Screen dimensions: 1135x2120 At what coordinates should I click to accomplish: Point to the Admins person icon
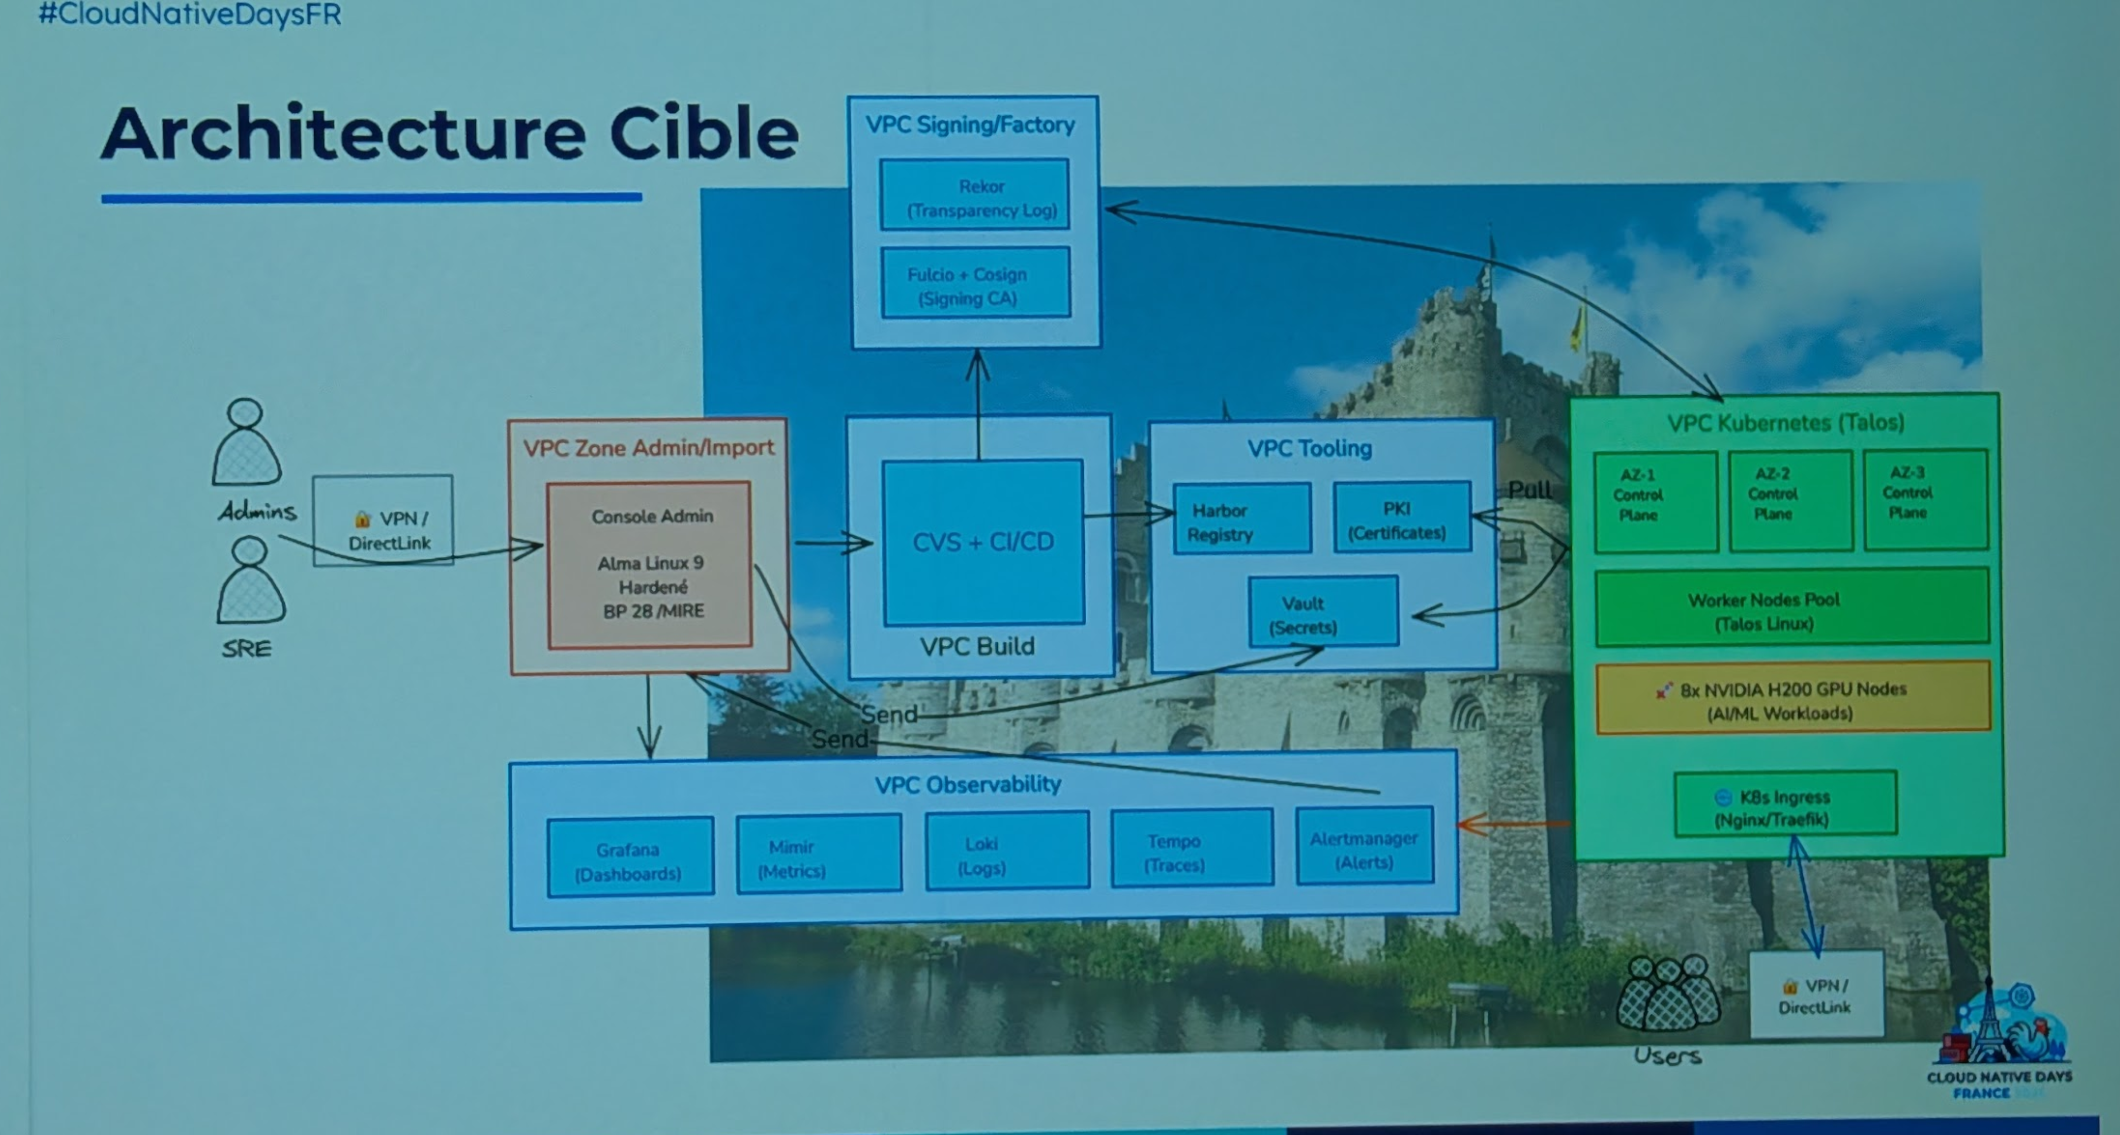tap(247, 444)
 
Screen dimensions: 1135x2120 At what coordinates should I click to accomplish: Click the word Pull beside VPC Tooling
tap(1529, 490)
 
